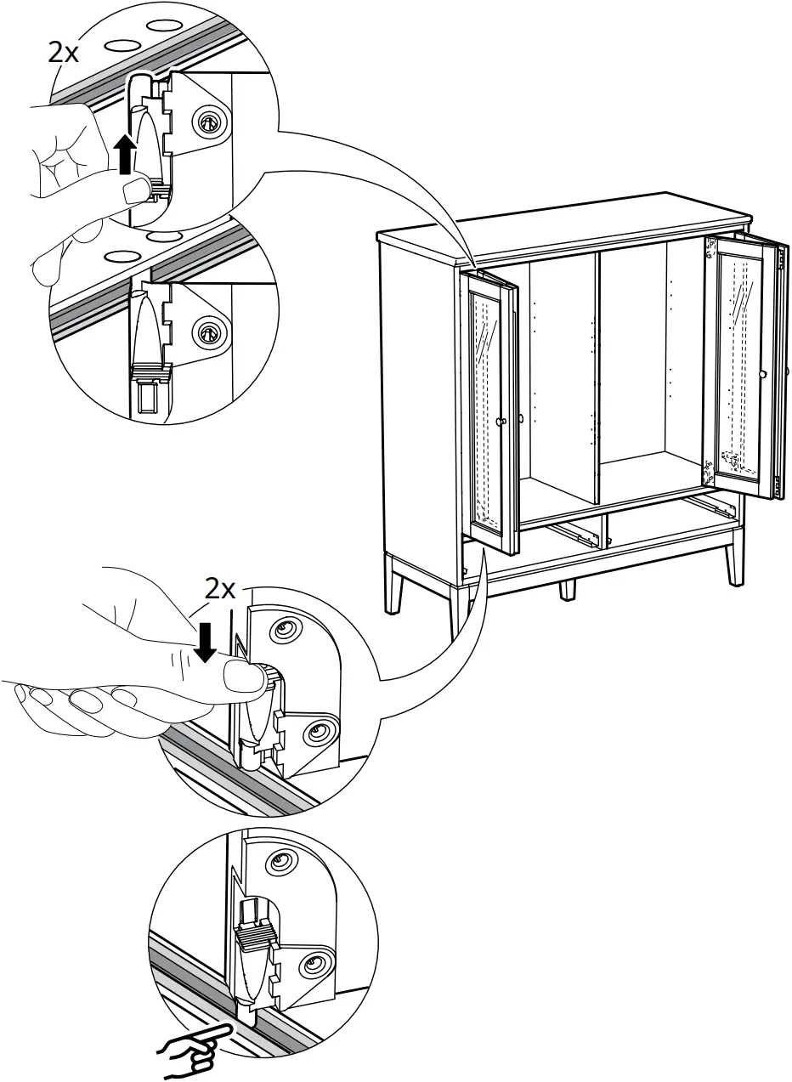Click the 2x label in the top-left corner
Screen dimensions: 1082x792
click(64, 53)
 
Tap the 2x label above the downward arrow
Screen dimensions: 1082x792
click(220, 588)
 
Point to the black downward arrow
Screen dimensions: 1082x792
click(204, 641)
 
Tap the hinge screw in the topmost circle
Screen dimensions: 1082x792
click(206, 123)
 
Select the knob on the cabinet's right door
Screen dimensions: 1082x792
click(763, 374)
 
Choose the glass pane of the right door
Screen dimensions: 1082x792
click(736, 357)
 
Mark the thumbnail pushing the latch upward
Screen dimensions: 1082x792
click(133, 191)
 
